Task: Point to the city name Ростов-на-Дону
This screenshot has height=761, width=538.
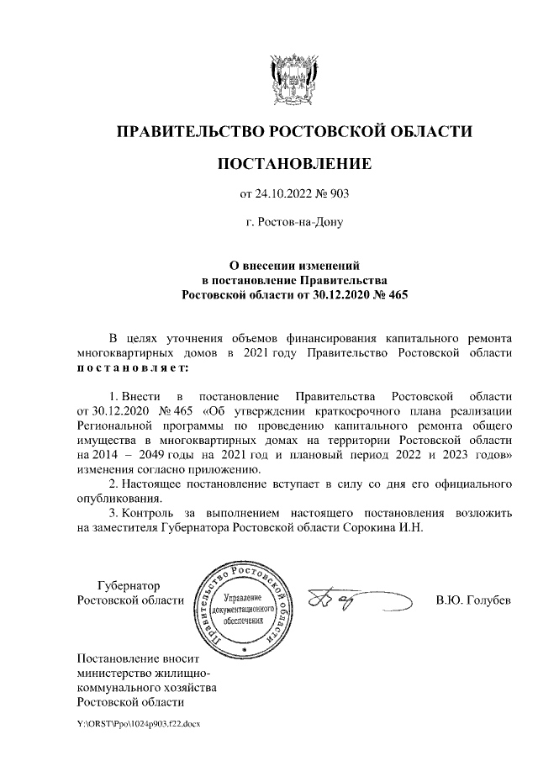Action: [293, 223]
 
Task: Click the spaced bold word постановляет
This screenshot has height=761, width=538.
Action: [132, 367]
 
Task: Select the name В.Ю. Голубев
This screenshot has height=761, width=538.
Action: [473, 600]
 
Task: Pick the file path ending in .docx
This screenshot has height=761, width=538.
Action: [138, 723]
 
